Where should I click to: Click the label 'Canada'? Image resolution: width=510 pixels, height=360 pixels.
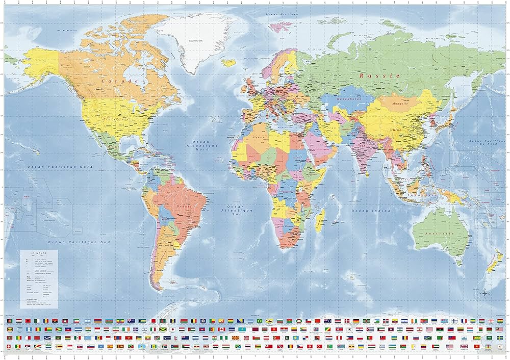(120, 81)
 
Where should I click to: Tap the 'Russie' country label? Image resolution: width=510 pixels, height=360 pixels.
(379, 75)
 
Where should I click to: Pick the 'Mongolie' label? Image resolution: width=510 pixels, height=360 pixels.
(400, 104)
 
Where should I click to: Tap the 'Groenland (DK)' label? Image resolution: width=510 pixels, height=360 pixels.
(195, 40)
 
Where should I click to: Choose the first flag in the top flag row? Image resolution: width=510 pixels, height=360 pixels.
(11, 321)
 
